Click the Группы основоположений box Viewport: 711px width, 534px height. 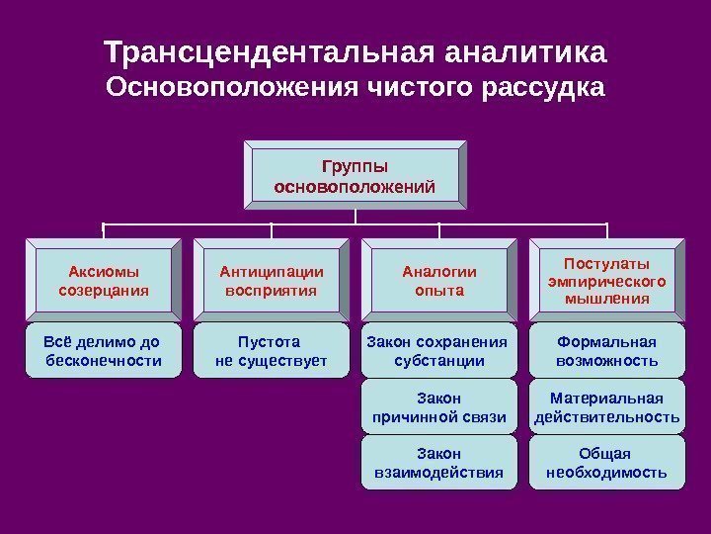click(x=356, y=175)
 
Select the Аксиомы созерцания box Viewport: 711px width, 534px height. click(x=104, y=281)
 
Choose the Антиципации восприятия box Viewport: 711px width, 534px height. click(x=272, y=281)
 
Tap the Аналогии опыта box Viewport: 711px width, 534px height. click(x=439, y=281)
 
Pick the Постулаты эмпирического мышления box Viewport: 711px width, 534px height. click(x=607, y=281)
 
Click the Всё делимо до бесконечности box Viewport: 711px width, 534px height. click(x=104, y=351)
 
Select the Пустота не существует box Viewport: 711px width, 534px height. click(x=272, y=351)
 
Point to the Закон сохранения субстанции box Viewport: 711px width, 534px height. click(x=439, y=351)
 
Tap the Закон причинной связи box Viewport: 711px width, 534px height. click(x=439, y=406)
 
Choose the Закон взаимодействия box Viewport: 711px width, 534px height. click(x=439, y=463)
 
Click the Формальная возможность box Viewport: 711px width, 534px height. click(x=607, y=351)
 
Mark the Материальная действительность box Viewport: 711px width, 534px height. click(x=607, y=406)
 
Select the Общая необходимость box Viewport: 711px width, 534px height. click(x=607, y=463)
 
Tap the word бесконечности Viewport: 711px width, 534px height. click(x=104, y=361)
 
